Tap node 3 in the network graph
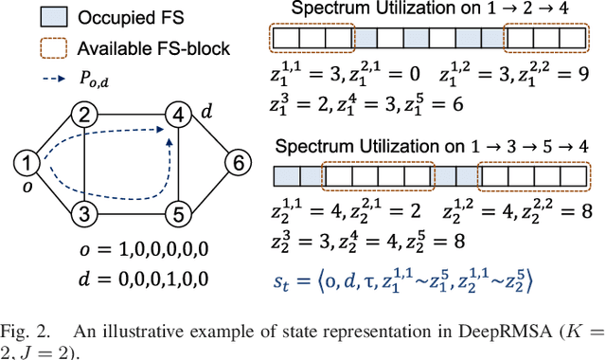(x=84, y=213)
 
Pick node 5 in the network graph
(x=175, y=213)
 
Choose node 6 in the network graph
(x=233, y=165)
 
